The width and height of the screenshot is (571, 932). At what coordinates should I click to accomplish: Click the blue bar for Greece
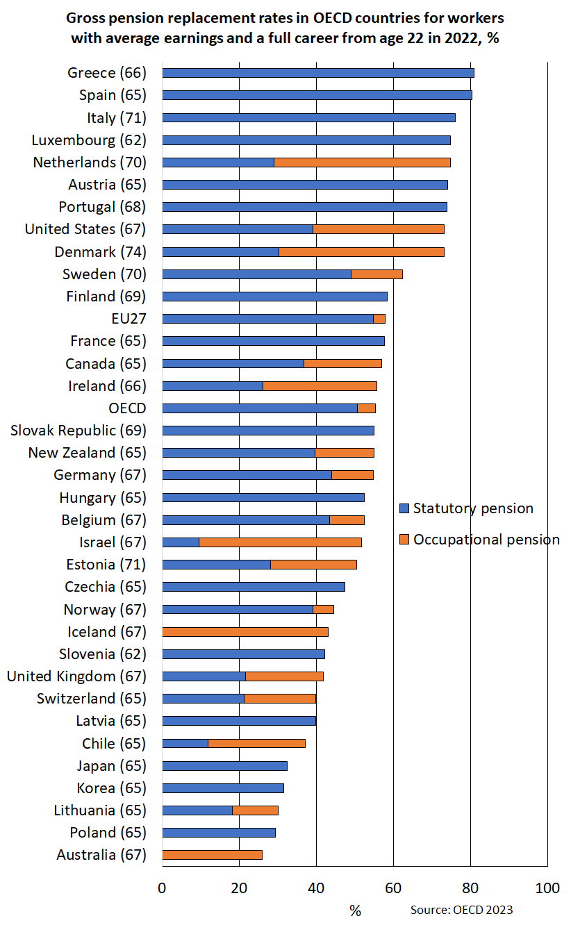click(317, 73)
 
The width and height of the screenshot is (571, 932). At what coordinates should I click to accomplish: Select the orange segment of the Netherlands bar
click(362, 162)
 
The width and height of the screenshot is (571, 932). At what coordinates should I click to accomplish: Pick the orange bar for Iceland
click(245, 631)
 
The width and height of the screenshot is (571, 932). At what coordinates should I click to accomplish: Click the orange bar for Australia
click(212, 854)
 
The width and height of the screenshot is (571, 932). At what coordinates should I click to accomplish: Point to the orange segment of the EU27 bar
click(379, 318)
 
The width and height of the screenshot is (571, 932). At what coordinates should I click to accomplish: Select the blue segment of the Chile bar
click(185, 743)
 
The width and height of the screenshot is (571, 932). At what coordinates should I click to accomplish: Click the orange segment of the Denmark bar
click(361, 251)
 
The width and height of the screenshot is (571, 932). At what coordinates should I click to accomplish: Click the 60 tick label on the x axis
click(393, 888)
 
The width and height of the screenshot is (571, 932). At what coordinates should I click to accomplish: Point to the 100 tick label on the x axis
click(547, 888)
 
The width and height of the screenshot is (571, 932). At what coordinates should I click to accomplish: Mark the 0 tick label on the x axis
click(162, 888)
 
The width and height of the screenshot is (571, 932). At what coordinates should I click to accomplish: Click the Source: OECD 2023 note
click(461, 910)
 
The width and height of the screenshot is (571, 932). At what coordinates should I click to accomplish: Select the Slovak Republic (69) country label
click(78, 430)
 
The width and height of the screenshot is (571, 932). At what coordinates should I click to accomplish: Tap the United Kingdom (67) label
click(76, 676)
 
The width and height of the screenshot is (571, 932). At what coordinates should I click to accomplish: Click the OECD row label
click(127, 408)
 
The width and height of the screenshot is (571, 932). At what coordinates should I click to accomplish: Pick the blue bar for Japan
click(224, 765)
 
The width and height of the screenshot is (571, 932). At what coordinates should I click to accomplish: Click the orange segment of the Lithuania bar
click(255, 810)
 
